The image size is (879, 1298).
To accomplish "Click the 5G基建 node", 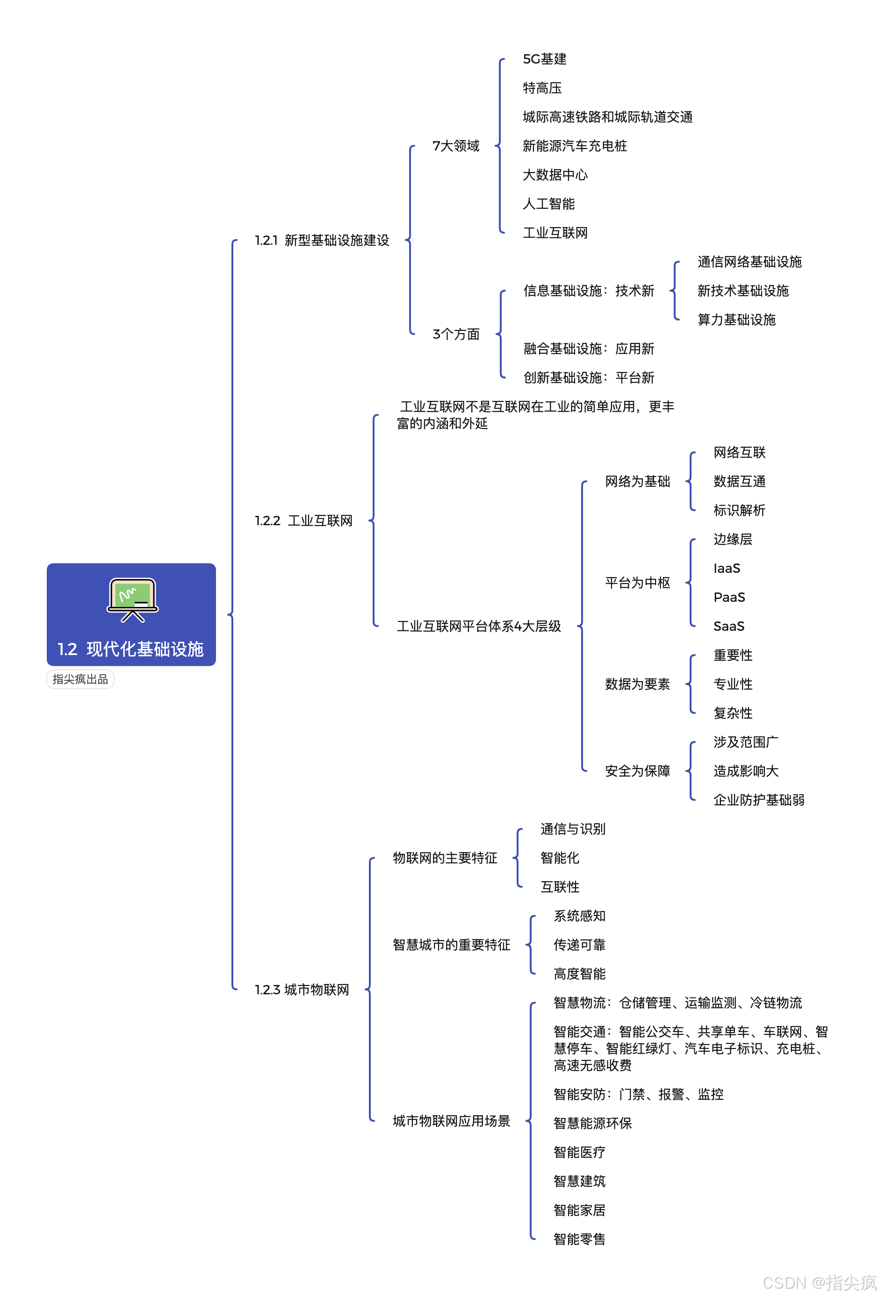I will click(x=544, y=59).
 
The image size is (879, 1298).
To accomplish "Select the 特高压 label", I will click(x=542, y=88).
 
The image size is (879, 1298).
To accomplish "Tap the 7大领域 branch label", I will click(x=455, y=146).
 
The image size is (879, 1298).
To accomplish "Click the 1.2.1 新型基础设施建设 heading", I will click(x=322, y=241).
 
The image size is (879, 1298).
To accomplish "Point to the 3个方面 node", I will click(x=455, y=335).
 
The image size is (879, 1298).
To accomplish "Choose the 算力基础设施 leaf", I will click(x=736, y=320).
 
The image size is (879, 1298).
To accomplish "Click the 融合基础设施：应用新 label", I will click(x=589, y=349).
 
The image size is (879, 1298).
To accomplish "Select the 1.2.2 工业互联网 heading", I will click(x=303, y=521).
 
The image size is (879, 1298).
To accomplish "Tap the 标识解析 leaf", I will click(x=739, y=511).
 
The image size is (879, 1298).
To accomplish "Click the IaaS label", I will click(x=727, y=569).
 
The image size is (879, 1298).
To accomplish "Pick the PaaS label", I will click(x=728, y=598).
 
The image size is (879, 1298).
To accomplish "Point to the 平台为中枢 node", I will click(x=637, y=583).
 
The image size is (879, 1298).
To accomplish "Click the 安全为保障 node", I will click(x=637, y=771).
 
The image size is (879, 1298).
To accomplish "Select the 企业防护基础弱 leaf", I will click(x=758, y=800).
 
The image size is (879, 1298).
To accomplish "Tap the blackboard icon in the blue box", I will click(x=132, y=599).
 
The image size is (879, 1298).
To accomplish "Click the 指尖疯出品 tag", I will click(x=80, y=679).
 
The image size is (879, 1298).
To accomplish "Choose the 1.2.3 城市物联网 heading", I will click(x=302, y=990).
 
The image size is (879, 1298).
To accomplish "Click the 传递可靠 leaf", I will click(x=579, y=945).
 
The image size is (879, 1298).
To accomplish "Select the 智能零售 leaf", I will click(x=579, y=1239).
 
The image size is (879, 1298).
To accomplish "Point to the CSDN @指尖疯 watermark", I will click(x=819, y=1283).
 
